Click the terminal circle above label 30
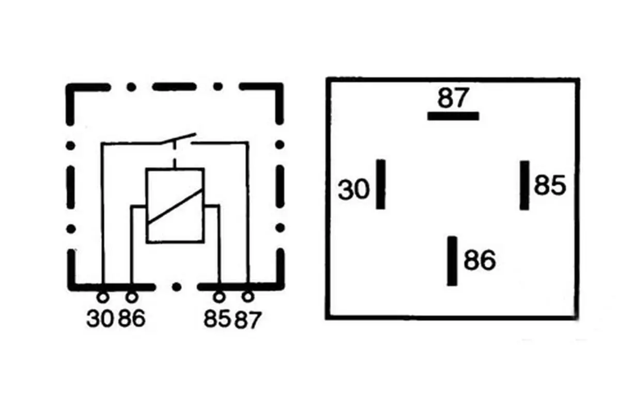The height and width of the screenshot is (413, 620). (x=103, y=297)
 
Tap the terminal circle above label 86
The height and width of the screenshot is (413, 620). (x=132, y=297)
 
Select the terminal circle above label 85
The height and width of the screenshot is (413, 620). (x=219, y=297)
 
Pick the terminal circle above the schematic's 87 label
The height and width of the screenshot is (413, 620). (x=248, y=297)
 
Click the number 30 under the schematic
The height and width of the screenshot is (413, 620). (x=100, y=319)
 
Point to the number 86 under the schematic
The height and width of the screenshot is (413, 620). (x=132, y=319)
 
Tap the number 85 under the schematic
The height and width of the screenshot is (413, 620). (x=218, y=319)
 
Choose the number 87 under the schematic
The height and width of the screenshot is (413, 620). (x=248, y=320)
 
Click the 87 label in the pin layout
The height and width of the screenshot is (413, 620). (x=454, y=98)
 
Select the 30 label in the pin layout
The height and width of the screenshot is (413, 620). (x=354, y=189)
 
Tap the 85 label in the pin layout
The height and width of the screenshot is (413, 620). (x=550, y=185)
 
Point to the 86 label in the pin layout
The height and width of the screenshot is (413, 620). (x=479, y=260)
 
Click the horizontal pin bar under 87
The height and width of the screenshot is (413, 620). (x=453, y=116)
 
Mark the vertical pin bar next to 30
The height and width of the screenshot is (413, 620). (x=381, y=184)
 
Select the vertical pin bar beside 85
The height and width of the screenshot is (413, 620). (x=524, y=185)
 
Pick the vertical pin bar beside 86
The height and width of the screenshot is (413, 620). (x=452, y=261)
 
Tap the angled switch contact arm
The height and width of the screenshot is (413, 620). (x=178, y=138)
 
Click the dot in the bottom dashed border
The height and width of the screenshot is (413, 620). (x=177, y=287)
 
